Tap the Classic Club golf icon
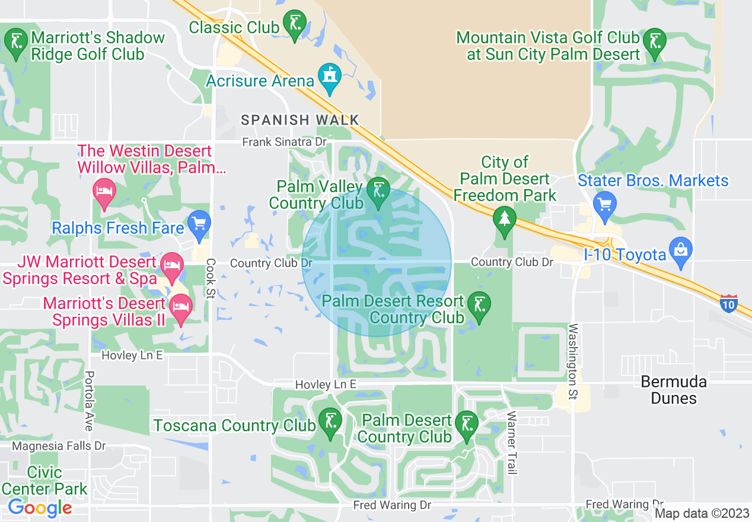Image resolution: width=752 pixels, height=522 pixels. pyautogui.click(x=295, y=24)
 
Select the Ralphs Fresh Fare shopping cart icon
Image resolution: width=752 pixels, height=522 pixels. pyautogui.click(x=199, y=224)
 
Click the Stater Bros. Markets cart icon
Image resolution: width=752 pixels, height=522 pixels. pyautogui.click(x=604, y=204)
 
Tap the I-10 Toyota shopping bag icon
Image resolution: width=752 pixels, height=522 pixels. pyautogui.click(x=680, y=249)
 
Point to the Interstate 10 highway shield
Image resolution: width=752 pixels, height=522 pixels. pyautogui.click(x=729, y=303)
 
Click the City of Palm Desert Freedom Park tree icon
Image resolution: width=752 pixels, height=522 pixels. pyautogui.click(x=504, y=219)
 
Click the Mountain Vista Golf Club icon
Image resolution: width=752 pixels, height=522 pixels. pyautogui.click(x=655, y=42)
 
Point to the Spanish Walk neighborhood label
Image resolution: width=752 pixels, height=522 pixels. pyautogui.click(x=300, y=120)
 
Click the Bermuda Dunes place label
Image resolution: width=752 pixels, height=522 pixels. pyautogui.click(x=674, y=389)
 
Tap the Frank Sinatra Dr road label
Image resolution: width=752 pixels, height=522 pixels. pyautogui.click(x=285, y=142)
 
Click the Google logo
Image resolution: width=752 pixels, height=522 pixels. pyautogui.click(x=40, y=508)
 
